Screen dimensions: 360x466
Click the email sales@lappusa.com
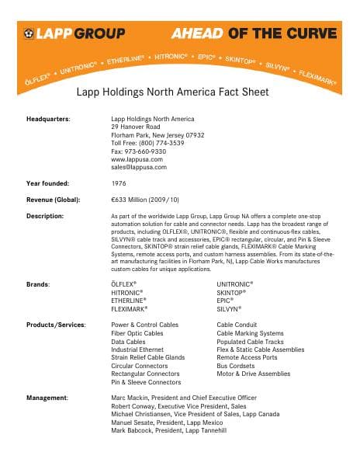pyautogui.click(x=139, y=167)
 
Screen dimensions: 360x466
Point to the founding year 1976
pyautogui.click(x=120, y=183)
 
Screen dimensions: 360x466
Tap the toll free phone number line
pyautogui.click(x=147, y=143)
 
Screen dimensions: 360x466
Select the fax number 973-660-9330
pyautogui.click(x=138, y=151)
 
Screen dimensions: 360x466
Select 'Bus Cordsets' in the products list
pyautogui.click(x=237, y=366)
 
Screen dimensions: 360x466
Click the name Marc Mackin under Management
pyautogui.click(x=130, y=398)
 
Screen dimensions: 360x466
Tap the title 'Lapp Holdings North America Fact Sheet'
pyautogui.click(x=171, y=92)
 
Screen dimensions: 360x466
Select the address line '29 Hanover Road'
pyautogui.click(x=136, y=126)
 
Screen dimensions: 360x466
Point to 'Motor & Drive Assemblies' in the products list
pyautogui.click(x=254, y=374)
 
